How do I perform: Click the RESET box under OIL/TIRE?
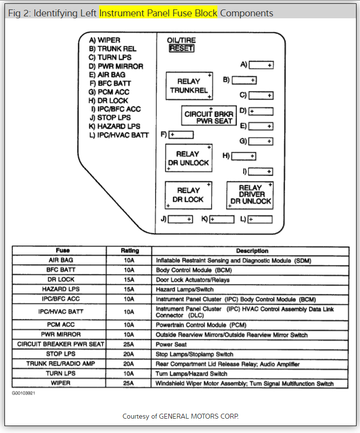[x=181, y=48]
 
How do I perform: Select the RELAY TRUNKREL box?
[x=189, y=86]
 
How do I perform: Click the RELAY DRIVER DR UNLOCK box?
[x=251, y=195]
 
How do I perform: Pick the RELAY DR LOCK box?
[x=188, y=195]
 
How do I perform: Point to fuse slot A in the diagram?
[x=261, y=65]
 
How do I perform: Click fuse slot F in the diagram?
[x=181, y=135]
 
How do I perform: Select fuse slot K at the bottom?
[x=221, y=219]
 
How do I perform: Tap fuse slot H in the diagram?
[x=243, y=156]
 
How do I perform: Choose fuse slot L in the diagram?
[x=260, y=219]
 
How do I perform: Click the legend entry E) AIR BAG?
[x=107, y=75]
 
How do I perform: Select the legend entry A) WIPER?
[x=104, y=40]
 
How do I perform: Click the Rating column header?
[x=130, y=251]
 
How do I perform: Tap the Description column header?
[x=252, y=251]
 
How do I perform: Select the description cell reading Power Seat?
[x=171, y=344]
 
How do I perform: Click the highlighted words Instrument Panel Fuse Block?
[x=158, y=13]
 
